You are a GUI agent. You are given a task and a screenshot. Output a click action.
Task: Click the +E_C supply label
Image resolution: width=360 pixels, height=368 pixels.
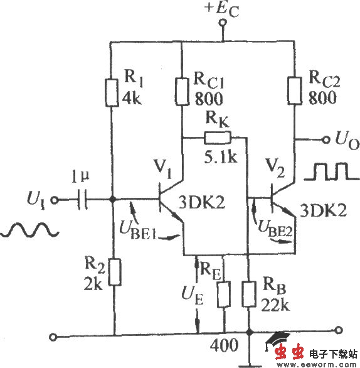tap(216, 9)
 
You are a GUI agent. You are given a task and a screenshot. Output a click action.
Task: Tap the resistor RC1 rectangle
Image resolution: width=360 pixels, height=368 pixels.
tap(181, 92)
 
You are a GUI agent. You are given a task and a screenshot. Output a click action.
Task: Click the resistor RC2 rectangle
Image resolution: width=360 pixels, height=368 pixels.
tap(294, 91)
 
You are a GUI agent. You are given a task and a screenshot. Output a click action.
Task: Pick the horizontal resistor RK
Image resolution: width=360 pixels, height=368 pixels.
tap(216, 138)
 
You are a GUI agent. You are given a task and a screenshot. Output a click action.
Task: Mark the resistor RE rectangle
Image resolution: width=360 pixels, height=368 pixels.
tap(223, 293)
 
